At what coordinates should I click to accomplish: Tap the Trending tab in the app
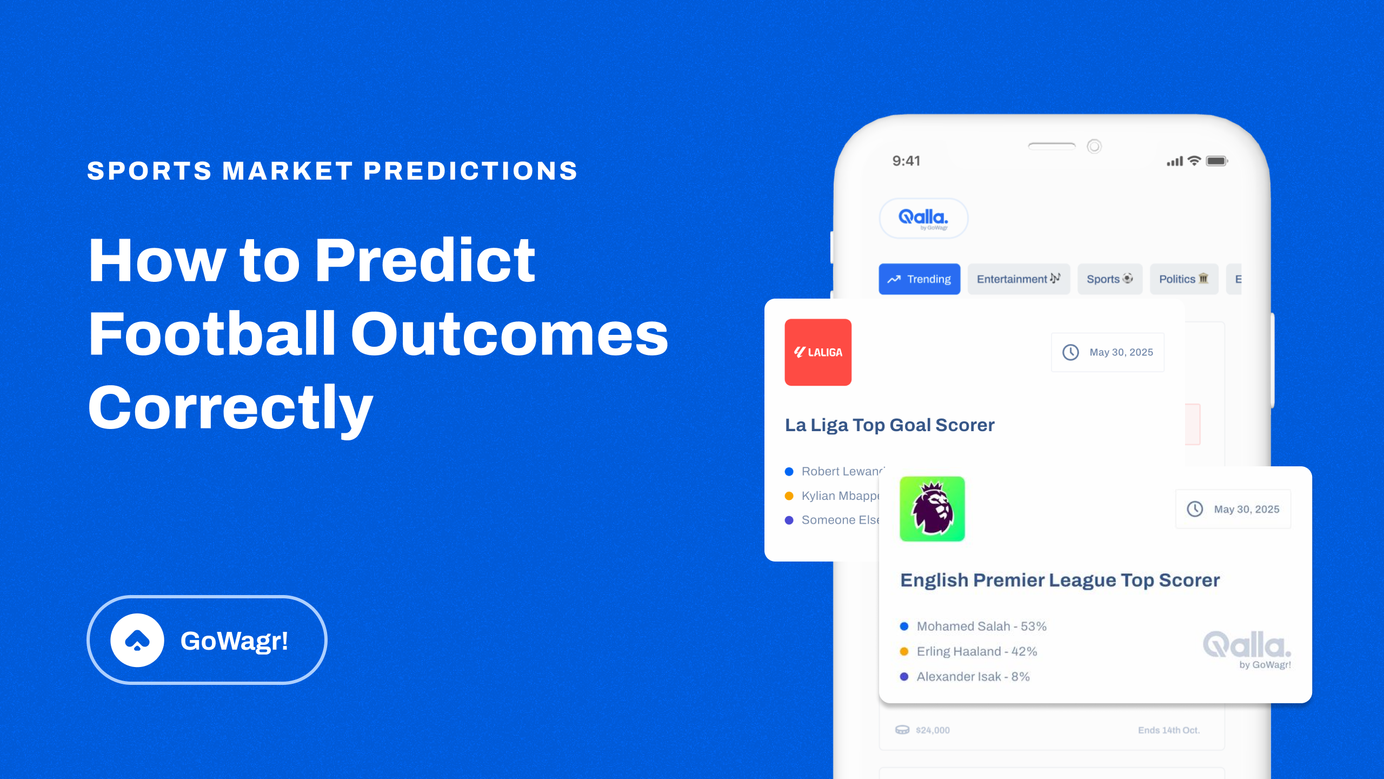coord(919,279)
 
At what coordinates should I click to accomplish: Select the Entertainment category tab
coord(1018,279)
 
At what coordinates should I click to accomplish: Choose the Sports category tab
coord(1109,279)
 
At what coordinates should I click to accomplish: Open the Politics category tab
coord(1183,279)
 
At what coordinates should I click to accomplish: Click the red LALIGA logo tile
coord(818,352)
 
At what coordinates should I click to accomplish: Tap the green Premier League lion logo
coord(932,509)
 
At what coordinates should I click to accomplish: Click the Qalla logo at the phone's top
coord(923,218)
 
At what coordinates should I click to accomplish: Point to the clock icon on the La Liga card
coord(1070,352)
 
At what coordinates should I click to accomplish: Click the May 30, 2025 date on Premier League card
coord(1246,510)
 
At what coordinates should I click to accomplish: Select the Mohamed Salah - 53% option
coord(981,626)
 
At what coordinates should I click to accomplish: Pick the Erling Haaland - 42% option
coord(976,651)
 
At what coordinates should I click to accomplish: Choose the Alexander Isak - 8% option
coord(973,677)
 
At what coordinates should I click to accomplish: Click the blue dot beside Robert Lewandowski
coord(789,472)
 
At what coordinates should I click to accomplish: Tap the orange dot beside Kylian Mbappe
coord(789,496)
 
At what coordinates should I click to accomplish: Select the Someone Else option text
coord(840,520)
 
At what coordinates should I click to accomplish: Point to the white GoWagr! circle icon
coord(137,641)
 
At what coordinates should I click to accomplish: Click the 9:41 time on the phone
coord(906,161)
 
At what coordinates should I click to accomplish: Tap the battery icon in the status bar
coord(1216,161)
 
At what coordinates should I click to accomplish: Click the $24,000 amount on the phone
coord(933,730)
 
